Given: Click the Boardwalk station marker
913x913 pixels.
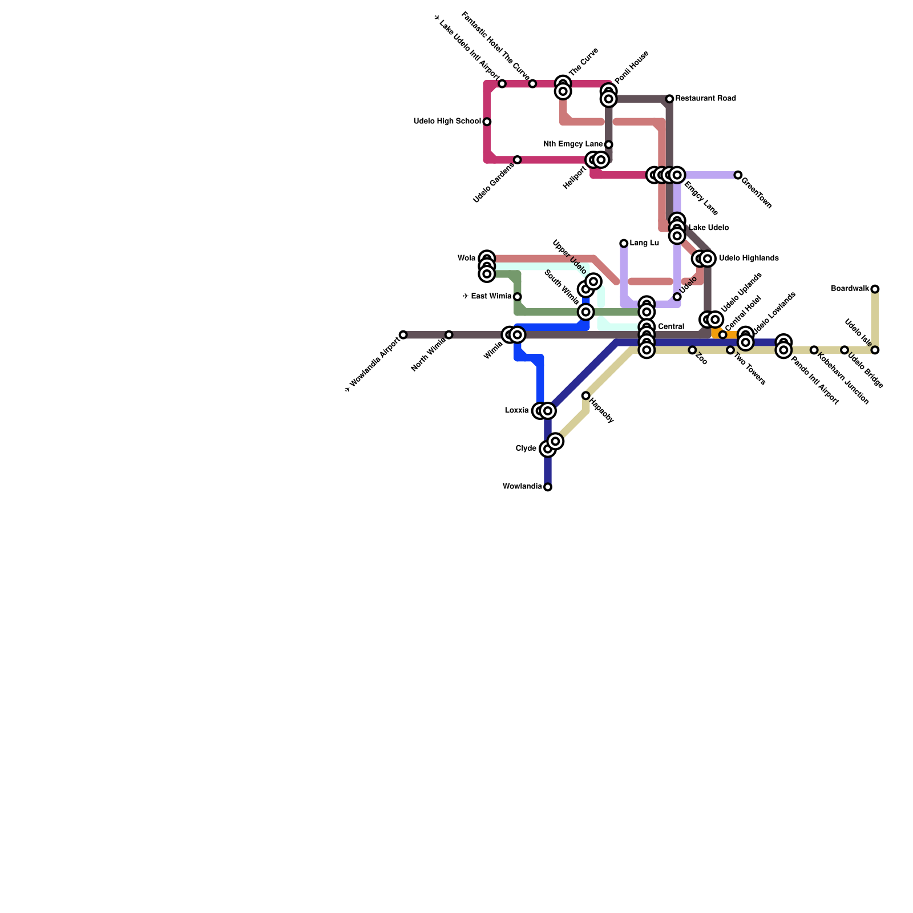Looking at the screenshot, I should tap(875, 289).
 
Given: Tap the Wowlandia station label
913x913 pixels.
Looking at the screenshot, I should tap(522, 487).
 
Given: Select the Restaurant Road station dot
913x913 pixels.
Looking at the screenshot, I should tap(669, 99).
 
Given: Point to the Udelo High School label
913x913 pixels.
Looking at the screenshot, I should tap(447, 122).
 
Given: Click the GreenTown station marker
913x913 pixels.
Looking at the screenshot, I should tap(738, 175).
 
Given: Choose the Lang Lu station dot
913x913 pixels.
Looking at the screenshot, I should tap(624, 244).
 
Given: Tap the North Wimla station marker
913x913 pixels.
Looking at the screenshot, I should tap(449, 335).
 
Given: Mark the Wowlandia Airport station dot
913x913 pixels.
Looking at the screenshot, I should tap(403, 335).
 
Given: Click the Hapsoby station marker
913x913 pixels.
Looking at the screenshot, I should tap(585, 395).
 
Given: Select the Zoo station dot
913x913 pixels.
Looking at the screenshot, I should tap(692, 350).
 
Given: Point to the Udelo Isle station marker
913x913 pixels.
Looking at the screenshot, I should tap(875, 350).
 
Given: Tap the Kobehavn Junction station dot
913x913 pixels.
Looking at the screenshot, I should tap(814, 350).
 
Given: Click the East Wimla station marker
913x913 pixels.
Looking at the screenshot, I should tap(517, 297).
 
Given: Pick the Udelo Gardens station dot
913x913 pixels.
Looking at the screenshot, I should tap(517, 160).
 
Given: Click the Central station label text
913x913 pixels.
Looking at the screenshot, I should tap(670, 327).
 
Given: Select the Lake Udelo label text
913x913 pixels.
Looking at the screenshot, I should tap(708, 228).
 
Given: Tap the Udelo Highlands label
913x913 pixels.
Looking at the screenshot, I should tap(749, 258).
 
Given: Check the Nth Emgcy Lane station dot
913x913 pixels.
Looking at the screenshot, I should tap(608, 144).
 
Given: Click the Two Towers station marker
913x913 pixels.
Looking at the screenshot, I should tap(730, 350).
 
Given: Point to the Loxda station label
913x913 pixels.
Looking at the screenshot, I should tap(516, 410).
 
